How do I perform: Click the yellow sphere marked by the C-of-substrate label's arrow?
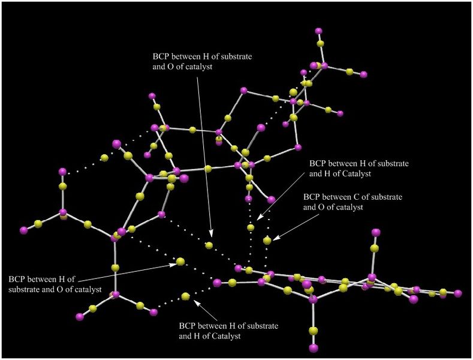click(x=267, y=241)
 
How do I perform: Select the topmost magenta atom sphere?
click(x=318, y=31)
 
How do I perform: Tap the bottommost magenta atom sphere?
click(x=314, y=348)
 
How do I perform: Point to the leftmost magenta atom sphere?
click(x=23, y=230)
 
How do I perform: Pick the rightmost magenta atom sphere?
click(x=458, y=293)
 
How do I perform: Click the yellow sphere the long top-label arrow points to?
click(x=209, y=245)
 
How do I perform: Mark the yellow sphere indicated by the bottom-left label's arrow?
click(x=180, y=262)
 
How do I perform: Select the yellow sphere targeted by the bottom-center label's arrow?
click(x=185, y=296)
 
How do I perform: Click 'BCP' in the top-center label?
click(x=161, y=56)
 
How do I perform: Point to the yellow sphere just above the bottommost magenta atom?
click(x=314, y=331)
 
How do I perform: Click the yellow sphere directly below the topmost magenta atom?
click(x=320, y=44)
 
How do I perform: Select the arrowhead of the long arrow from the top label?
click(x=211, y=233)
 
